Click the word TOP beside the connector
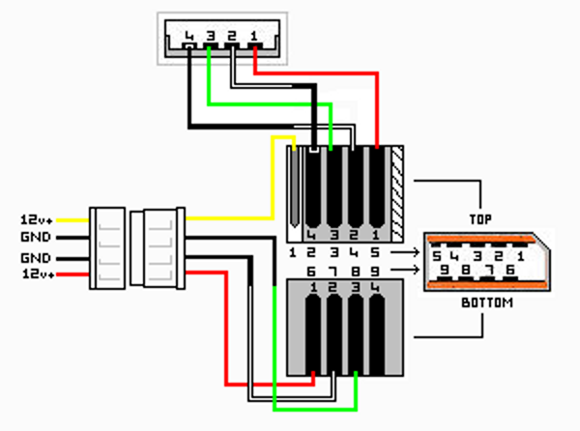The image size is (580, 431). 480,220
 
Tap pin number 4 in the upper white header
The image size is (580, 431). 188,39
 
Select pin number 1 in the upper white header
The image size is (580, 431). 253,38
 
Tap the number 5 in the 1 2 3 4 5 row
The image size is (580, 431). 374,253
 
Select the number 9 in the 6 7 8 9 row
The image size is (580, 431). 374,272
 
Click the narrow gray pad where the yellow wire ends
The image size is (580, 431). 294,188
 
